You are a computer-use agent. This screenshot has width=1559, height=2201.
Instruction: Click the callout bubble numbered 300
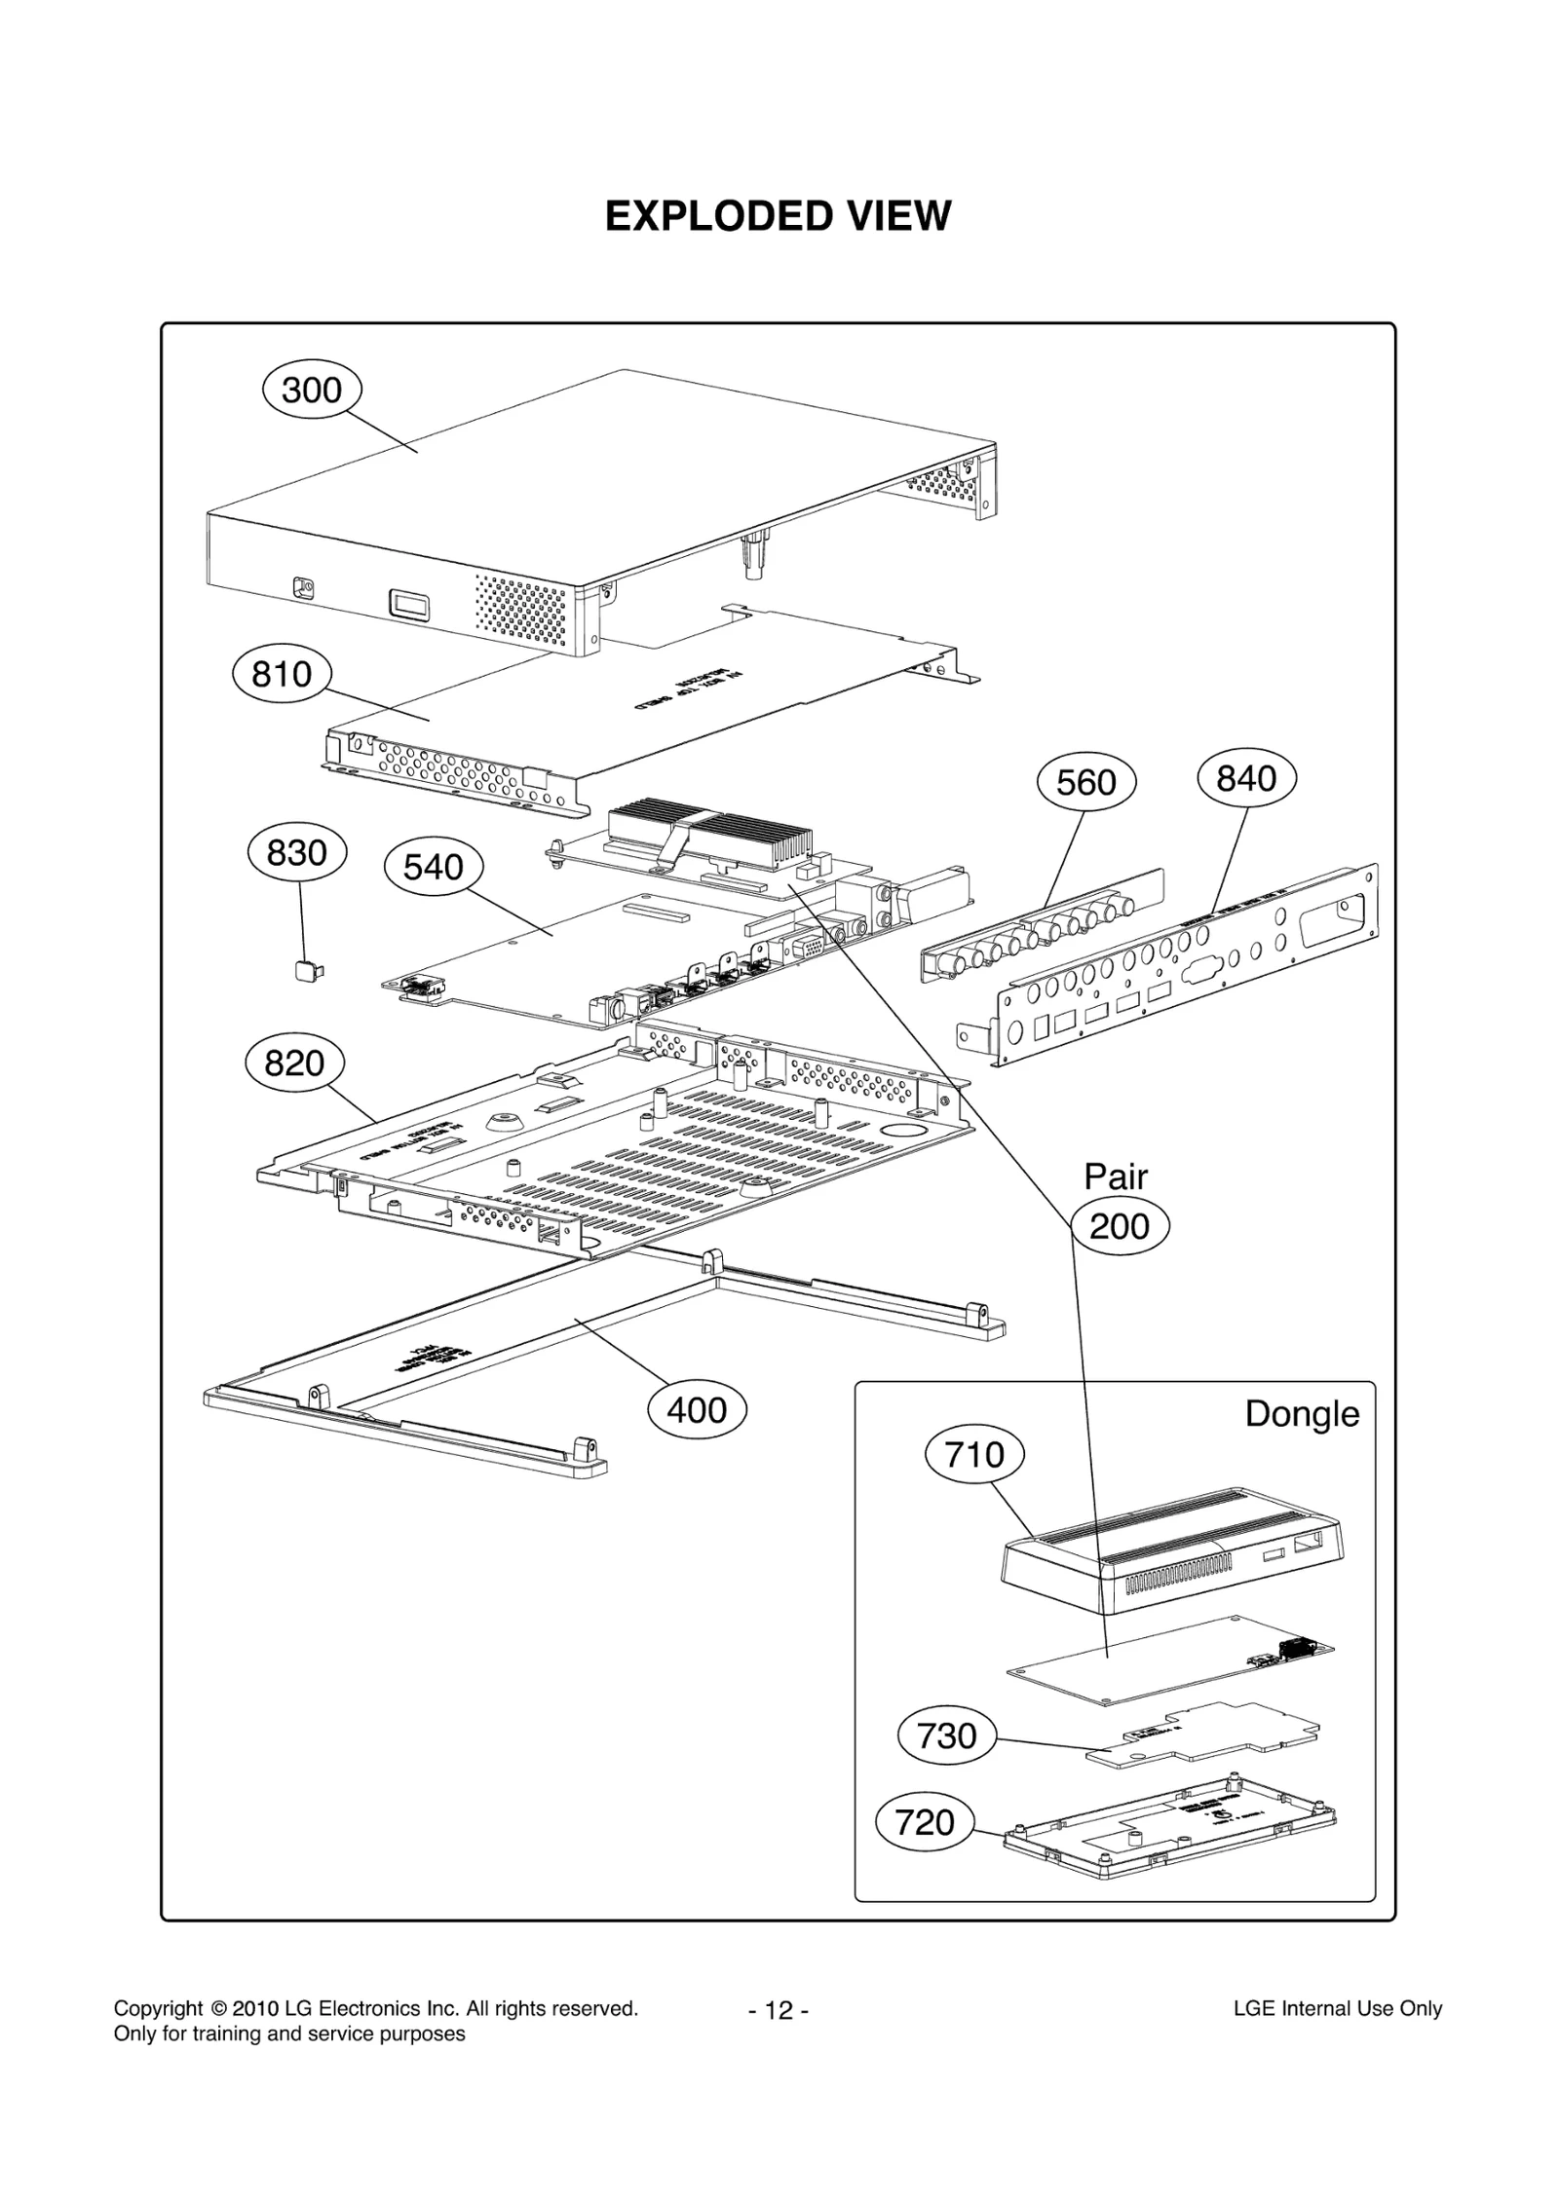[x=312, y=391]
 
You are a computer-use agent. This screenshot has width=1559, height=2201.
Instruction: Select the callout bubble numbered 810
[x=282, y=674]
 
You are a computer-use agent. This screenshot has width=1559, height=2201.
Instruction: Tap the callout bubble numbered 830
[x=296, y=853]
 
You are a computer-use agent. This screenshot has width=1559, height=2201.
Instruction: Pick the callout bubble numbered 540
[x=434, y=867]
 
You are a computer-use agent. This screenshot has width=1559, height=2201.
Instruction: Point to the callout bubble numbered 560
[x=1085, y=782]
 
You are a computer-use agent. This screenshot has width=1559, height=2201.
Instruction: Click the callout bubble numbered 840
[x=1246, y=778]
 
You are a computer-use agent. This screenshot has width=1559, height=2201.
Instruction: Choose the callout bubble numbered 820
[x=294, y=1063]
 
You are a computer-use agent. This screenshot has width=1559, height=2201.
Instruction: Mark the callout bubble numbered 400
[x=697, y=1410]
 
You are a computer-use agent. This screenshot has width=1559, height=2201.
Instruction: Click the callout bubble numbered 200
[x=1120, y=1226]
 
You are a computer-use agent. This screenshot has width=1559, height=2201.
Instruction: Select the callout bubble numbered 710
[x=974, y=1455]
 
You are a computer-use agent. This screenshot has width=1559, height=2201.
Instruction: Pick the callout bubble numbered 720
[x=925, y=1822]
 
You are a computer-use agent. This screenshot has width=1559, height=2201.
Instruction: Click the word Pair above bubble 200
[x=1116, y=1176]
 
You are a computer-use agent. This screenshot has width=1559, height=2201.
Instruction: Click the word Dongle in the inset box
[x=1302, y=1413]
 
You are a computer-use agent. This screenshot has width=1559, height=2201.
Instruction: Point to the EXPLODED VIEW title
[x=778, y=216]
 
